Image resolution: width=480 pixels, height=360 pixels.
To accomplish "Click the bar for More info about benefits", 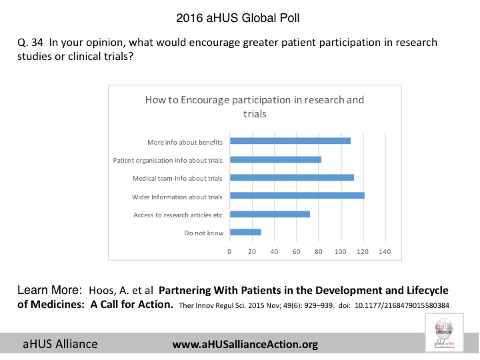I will coord(290,141).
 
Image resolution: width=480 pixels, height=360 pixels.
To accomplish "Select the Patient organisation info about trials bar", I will coord(275,160).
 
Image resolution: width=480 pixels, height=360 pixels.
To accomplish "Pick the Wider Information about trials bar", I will coord(297,196).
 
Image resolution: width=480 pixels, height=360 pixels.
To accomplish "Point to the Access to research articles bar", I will coord(270,214).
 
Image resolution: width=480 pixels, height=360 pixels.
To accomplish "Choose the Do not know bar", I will coord(245,232).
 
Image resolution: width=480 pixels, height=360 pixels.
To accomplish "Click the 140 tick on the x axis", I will coord(385,251).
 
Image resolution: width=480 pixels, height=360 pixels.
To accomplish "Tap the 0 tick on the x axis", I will coord(230,251).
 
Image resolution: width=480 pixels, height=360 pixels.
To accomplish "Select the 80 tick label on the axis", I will coord(319,251).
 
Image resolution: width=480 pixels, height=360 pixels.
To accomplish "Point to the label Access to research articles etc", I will coord(179,215).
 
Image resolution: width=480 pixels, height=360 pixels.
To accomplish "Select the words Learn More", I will coord(49,291).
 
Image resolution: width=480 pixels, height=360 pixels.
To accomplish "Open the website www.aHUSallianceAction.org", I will coord(245,345).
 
